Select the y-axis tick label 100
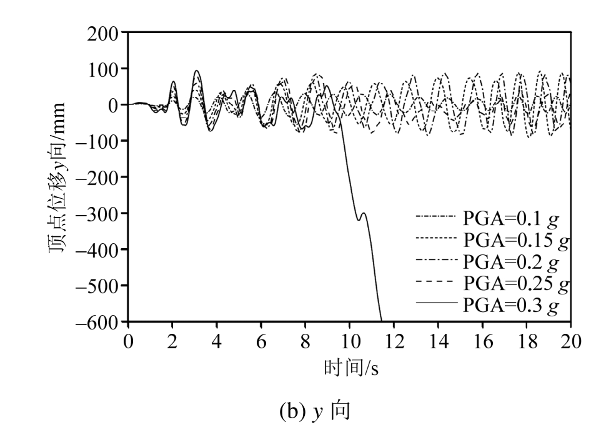pyautogui.click(x=106, y=69)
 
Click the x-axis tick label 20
pyautogui.click(x=570, y=341)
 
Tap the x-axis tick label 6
pyautogui.click(x=261, y=341)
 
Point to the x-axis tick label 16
pyautogui.click(x=482, y=341)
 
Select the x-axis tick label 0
pyautogui.click(x=128, y=341)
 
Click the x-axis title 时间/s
pyautogui.click(x=351, y=369)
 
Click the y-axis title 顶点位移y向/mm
pyautogui.click(x=61, y=178)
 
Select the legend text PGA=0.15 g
pyautogui.click(x=516, y=240)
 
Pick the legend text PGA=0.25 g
pyautogui.click(x=516, y=284)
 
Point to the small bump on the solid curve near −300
pyautogui.click(x=362, y=214)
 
